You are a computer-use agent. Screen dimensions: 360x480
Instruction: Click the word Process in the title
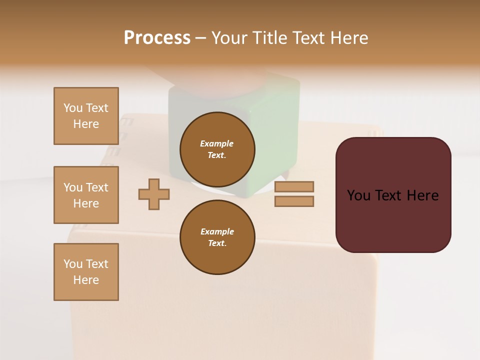tap(157, 38)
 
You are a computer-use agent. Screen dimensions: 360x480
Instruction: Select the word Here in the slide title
tap(348, 38)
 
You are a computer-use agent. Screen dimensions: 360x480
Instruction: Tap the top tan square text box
tap(86, 116)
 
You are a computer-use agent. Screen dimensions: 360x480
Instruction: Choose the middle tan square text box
tap(86, 195)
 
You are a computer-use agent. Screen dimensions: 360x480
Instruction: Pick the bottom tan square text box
tap(86, 272)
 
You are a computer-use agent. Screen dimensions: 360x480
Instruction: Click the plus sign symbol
tap(154, 194)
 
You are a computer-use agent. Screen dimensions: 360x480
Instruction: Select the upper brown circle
tap(217, 149)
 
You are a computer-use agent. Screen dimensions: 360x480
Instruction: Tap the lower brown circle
tap(217, 237)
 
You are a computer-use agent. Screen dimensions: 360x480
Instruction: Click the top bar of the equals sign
tap(294, 186)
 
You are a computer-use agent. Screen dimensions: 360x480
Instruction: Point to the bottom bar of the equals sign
tap(294, 201)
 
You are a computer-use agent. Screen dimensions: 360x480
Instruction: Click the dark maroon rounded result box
tap(393, 220)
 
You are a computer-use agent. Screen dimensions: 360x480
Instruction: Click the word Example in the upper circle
tap(217, 143)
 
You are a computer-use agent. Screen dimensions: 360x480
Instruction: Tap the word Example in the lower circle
tap(217, 231)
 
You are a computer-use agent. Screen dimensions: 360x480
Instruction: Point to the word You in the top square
tap(73, 108)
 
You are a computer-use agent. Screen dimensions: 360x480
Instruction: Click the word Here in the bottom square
tap(86, 280)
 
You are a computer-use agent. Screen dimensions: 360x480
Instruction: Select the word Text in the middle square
tap(97, 187)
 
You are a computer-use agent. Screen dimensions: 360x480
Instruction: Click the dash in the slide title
tap(201, 38)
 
